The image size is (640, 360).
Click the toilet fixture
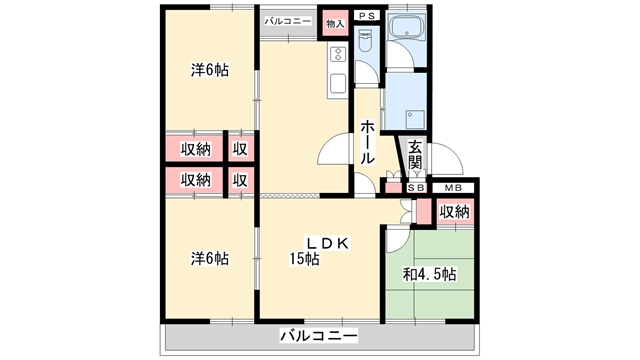pyautogui.click(x=365, y=40)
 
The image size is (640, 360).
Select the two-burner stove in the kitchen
pyautogui.click(x=338, y=54)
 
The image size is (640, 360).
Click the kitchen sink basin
pyautogui.click(x=338, y=83)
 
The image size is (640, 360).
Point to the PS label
pyautogui.click(x=367, y=16)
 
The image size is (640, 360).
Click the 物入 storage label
pyautogui.click(x=335, y=24)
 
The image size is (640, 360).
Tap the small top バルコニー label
pyautogui.click(x=288, y=21)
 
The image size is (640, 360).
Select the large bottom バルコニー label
pyautogui.click(x=319, y=336)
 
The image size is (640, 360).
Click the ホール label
pyautogui.click(x=367, y=142)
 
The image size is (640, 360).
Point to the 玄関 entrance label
pyautogui.click(x=415, y=155)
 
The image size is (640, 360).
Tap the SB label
pyautogui.click(x=417, y=188)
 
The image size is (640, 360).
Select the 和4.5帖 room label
pyautogui.click(x=429, y=274)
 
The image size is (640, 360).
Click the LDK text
pyautogui.click(x=328, y=244)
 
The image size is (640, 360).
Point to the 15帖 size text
pyautogui.click(x=304, y=259)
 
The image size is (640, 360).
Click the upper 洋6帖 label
pyautogui.click(x=210, y=70)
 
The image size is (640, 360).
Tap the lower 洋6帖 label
pyautogui.click(x=210, y=258)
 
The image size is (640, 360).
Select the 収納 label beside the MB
pyautogui.click(x=455, y=212)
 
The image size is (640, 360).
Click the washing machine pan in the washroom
pyautogui.click(x=415, y=119)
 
